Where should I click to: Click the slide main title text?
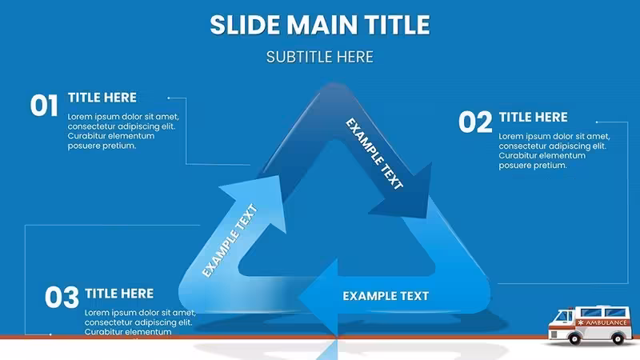coord(320,25)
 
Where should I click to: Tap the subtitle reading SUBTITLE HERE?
coord(319,57)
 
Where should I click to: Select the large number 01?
coord(44,106)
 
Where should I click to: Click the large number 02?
coord(475,122)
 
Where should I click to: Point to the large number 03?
coord(62,297)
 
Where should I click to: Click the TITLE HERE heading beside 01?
coord(102,98)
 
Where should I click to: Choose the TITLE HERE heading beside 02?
coord(533,117)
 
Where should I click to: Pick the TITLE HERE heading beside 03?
coord(119,294)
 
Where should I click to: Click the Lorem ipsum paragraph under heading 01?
coord(123,131)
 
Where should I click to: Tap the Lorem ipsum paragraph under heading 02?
coord(554,150)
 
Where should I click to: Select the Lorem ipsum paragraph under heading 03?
coord(140,322)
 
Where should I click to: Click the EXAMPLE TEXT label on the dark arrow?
coord(374,154)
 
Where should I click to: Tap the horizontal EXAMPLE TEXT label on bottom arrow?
coord(386,296)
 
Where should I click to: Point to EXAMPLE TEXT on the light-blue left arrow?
coord(230,241)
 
